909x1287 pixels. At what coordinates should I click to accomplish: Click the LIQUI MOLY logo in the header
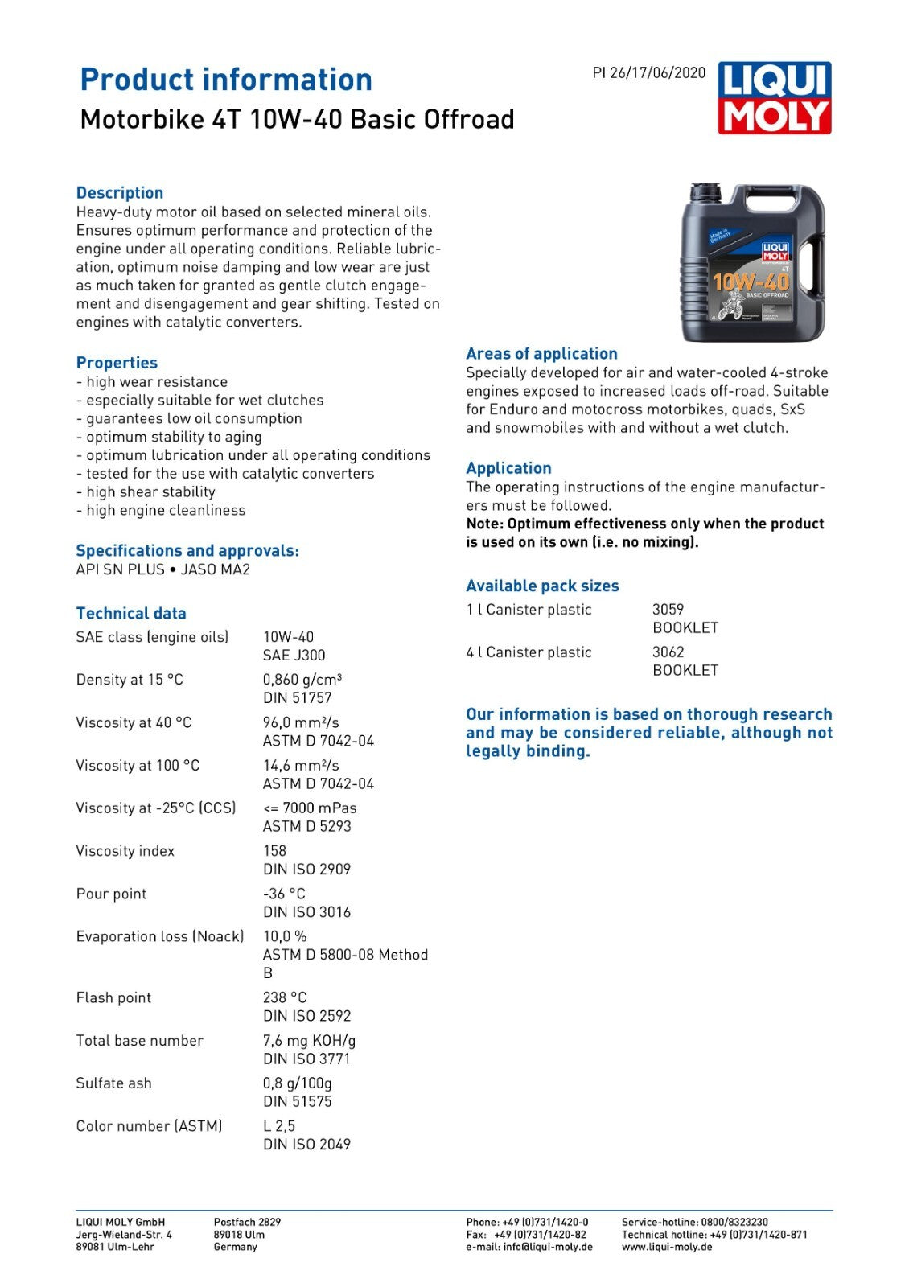tap(774, 97)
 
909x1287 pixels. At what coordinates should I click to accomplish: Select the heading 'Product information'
tap(226, 80)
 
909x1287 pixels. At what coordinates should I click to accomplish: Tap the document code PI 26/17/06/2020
tap(648, 72)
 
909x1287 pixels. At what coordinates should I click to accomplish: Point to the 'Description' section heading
tap(120, 193)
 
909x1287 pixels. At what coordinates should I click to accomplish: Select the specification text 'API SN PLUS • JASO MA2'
tap(162, 569)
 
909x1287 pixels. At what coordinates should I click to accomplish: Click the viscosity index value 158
tap(274, 851)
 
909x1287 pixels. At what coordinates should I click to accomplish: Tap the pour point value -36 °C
tap(284, 894)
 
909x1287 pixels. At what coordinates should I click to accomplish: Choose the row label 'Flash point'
tap(113, 998)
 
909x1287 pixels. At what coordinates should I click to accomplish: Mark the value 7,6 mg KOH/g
tap(309, 1041)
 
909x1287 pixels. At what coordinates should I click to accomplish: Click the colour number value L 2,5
tap(279, 1126)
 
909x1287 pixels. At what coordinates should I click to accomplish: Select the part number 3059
tap(668, 610)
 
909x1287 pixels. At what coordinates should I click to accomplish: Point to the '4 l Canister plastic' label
tap(529, 652)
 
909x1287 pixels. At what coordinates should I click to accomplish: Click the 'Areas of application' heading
tap(541, 354)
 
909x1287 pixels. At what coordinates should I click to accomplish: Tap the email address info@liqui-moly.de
tap(548, 1247)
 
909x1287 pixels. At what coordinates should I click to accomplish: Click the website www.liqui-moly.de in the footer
tap(667, 1247)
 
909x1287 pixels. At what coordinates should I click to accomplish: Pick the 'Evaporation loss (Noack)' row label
tap(159, 936)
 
